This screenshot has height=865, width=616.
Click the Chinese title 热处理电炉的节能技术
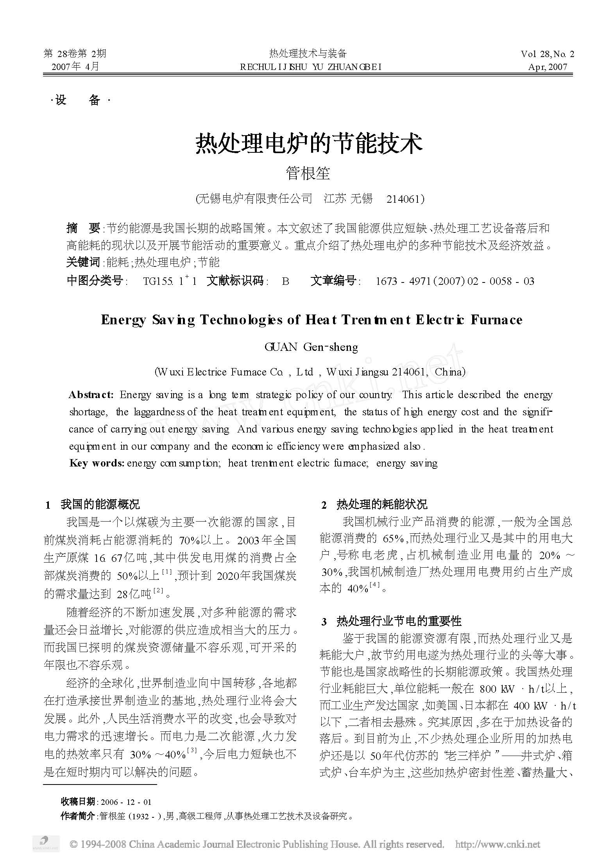click(x=308, y=143)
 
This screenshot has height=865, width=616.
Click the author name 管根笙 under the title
click(x=308, y=173)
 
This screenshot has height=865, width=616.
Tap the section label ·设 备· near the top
click(x=81, y=100)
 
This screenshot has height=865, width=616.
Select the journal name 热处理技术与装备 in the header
click(x=308, y=54)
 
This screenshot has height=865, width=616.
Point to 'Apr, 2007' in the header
click(x=547, y=67)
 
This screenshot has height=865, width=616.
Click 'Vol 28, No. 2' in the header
click(x=547, y=54)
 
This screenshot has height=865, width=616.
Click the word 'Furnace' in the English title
click(x=496, y=320)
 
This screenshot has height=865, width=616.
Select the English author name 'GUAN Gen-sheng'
click(x=311, y=347)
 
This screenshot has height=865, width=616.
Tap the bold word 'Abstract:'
click(x=91, y=395)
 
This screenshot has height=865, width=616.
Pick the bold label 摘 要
click(x=83, y=228)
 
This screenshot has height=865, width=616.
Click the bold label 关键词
click(x=83, y=262)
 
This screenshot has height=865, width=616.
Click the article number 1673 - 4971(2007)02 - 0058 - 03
click(x=455, y=281)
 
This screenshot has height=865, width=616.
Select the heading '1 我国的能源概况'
click(x=93, y=505)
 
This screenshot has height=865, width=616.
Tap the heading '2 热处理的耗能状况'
click(x=374, y=505)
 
